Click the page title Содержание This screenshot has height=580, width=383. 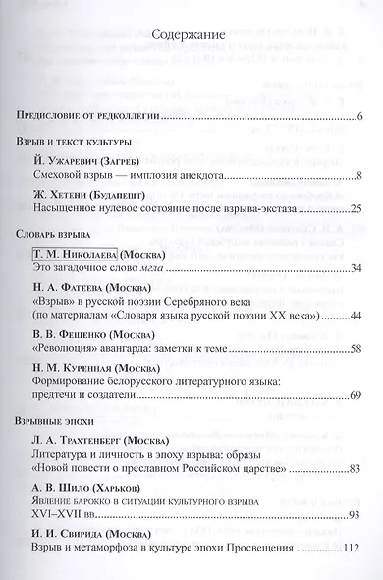point(191,36)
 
